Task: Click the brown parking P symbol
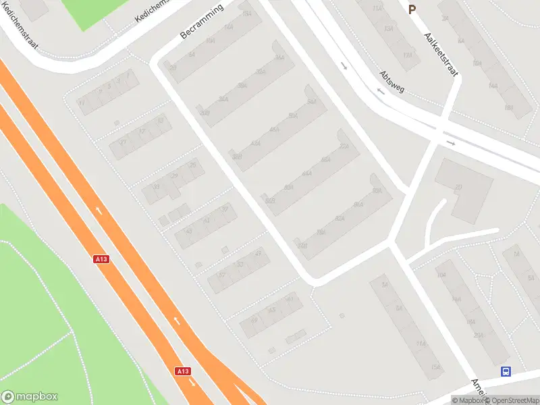[412, 9]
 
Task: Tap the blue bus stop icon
[506, 371]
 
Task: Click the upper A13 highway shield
[101, 259]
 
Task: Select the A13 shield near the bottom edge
[182, 371]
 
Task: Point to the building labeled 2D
[458, 187]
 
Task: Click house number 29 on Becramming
[173, 68]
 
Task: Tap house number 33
[157, 188]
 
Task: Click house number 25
[194, 165]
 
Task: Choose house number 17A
[407, 55]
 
